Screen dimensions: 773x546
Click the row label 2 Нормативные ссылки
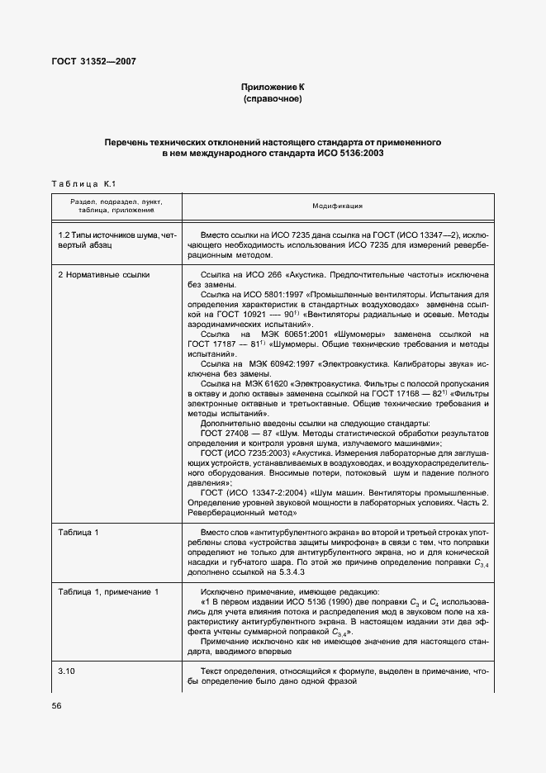(x=104, y=273)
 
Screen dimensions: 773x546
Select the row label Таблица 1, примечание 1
(x=109, y=591)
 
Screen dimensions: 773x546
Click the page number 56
(x=57, y=705)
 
